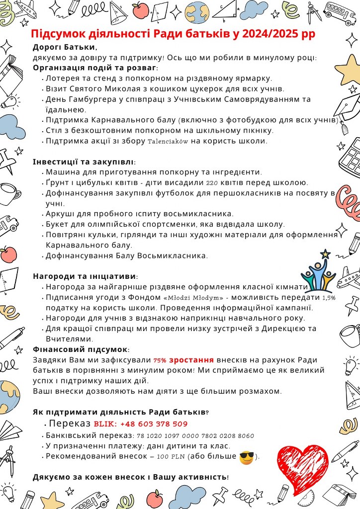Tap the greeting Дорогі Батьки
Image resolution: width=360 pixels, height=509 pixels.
[65, 47]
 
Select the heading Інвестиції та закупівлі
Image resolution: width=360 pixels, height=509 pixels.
[84, 162]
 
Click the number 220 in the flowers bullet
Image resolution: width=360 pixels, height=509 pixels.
[212, 183]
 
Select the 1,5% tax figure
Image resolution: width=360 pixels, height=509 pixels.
[329, 298]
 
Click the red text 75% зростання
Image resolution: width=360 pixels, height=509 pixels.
[183, 360]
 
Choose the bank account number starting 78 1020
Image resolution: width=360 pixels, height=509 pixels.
[195, 436]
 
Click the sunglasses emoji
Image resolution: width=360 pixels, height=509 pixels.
[246, 457]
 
